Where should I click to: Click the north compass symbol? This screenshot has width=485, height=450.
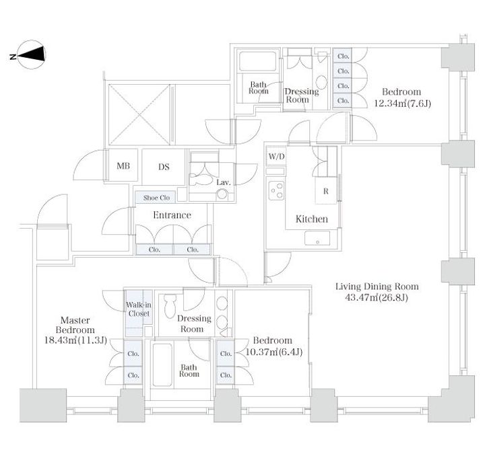tap(31, 54)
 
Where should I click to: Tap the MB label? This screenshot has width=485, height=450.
tap(123, 166)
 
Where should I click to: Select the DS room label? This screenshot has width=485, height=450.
tap(164, 167)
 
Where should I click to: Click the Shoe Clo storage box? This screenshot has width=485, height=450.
tap(156, 197)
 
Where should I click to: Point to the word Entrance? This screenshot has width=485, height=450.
tap(172, 215)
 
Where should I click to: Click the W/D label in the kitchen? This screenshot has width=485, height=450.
tap(276, 156)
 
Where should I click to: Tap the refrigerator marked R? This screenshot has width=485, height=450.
tap(326, 191)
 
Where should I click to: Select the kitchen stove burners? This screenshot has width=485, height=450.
tap(276, 190)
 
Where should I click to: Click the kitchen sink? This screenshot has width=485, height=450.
tap(317, 238)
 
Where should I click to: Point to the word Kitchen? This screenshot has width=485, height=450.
tap(311, 219)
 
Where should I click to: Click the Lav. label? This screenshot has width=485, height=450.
tap(224, 182)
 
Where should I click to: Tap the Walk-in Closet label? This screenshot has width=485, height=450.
tap(139, 309)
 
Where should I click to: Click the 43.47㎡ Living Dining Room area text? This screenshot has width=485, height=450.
tap(377, 297)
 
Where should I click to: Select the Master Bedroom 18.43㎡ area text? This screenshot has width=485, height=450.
tap(75, 340)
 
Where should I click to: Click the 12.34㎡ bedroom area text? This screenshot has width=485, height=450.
tap(402, 103)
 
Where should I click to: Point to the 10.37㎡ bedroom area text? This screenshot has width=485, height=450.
tap(273, 352)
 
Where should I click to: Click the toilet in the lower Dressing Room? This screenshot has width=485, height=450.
tap(170, 306)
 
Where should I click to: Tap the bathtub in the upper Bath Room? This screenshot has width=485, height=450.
tap(257, 61)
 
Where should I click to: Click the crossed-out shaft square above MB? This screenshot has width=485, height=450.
tap(139, 114)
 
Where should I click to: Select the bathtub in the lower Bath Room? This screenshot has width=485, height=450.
tap(162, 365)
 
